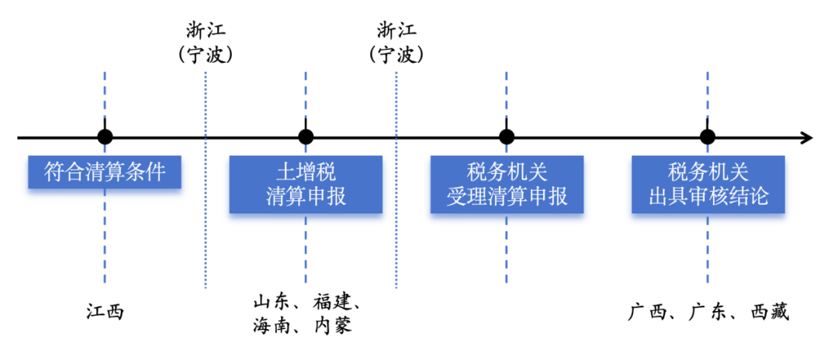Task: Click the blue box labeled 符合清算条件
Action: pos(104,171)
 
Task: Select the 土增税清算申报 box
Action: pos(306,184)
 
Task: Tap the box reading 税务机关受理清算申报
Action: pos(507,184)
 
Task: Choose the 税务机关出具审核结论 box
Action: pos(708,184)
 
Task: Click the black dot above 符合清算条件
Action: pos(105,137)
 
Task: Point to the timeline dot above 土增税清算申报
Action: pos(306,137)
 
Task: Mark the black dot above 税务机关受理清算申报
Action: pos(507,137)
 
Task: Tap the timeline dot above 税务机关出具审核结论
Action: pos(707,137)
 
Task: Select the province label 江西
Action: pos(105,312)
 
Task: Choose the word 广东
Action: pos(708,312)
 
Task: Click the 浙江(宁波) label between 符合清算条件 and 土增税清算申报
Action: pos(206,43)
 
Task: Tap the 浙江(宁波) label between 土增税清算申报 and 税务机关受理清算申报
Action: pos(396,43)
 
